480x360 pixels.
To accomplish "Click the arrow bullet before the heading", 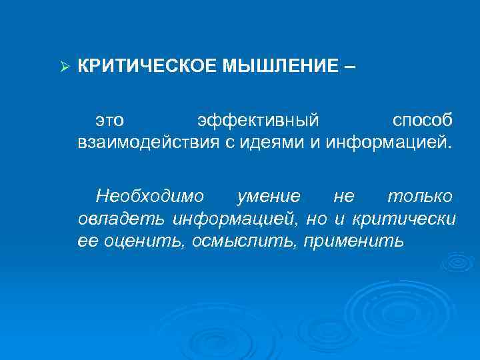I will pos(65,67).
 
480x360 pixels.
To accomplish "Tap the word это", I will pos(110,121).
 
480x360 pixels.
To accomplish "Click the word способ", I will pos(422,121).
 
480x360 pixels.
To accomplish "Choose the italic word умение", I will pos(269,197).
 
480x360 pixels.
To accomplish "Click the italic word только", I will pos(421,197).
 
